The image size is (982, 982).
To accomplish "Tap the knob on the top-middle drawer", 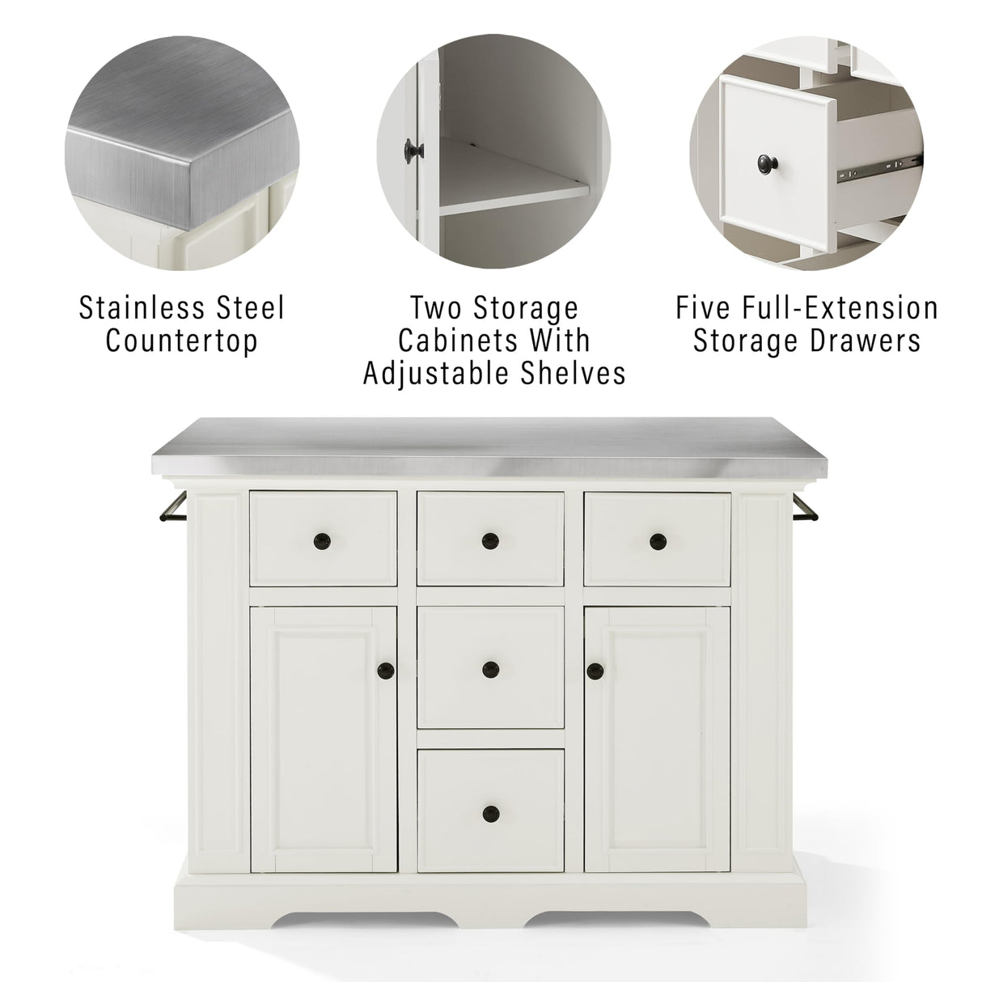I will pos(489,540).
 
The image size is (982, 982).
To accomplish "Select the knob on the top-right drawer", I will pos(657,540).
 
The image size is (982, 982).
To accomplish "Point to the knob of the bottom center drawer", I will pos(489,812).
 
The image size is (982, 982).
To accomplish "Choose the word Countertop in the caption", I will pos(182,341).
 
